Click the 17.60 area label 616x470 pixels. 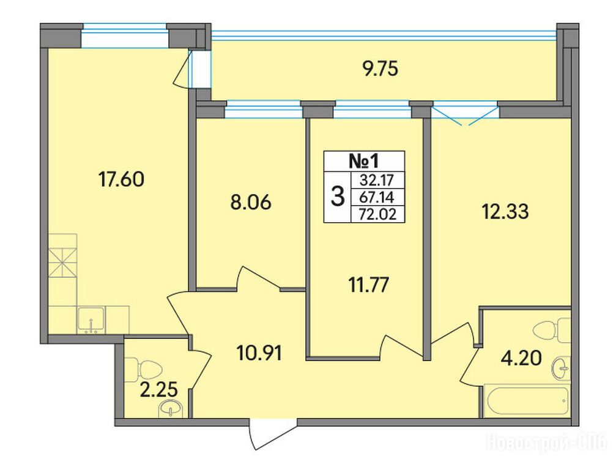click(121, 179)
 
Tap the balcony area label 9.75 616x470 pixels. click(380, 69)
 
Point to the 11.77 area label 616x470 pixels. click(368, 285)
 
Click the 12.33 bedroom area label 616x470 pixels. click(505, 211)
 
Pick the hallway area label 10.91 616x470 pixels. click(259, 353)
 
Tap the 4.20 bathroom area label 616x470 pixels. click(521, 358)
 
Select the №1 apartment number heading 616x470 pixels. click(364, 161)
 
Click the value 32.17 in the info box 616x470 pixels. click(377, 181)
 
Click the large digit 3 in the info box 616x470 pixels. click(338, 197)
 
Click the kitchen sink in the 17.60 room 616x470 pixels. click(91, 319)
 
